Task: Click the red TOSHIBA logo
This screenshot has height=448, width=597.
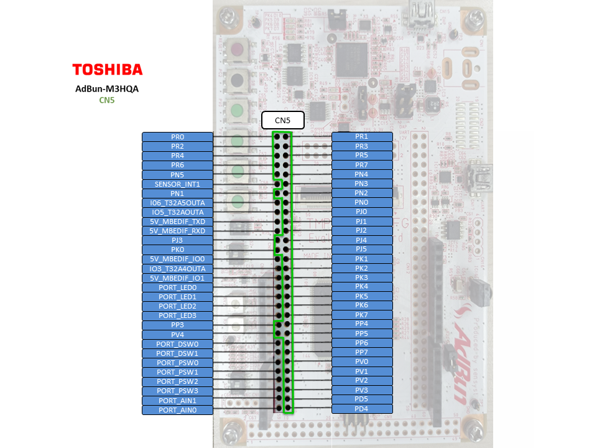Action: coord(107,69)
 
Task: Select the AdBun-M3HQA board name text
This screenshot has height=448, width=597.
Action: coord(107,88)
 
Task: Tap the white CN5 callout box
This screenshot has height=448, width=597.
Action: coord(282,119)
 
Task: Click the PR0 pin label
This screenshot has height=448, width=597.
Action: coord(177,137)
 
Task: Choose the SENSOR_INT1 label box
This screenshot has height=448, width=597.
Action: coord(177,184)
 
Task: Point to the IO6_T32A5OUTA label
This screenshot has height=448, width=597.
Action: coord(177,203)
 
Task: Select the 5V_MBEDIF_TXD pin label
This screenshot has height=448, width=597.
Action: coord(177,222)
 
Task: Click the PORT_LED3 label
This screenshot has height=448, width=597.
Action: coord(177,315)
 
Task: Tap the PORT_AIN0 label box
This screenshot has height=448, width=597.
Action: coord(177,410)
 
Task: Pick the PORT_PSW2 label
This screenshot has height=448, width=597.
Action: coord(177,381)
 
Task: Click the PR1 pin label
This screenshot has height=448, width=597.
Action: coord(362,136)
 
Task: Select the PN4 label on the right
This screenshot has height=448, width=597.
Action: coord(362,174)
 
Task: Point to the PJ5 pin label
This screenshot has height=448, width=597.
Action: coord(362,249)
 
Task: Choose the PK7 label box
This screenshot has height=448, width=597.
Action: coord(362,315)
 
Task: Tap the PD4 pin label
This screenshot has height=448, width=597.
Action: coord(362,409)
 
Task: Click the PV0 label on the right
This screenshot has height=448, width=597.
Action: coord(362,362)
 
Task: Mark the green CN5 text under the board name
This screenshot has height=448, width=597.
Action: coord(107,100)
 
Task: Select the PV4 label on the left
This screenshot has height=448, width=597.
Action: coord(177,335)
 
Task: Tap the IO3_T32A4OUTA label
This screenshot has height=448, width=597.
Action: coord(177,269)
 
